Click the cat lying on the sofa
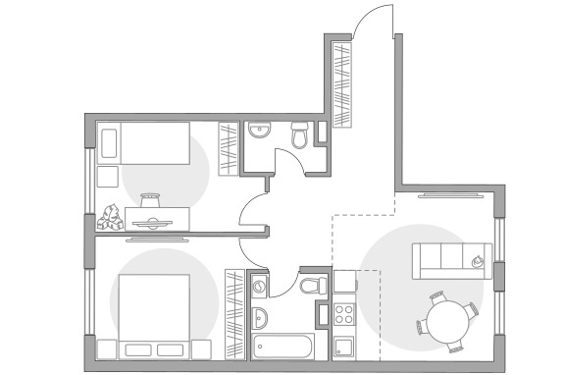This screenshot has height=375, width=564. coord(478,261)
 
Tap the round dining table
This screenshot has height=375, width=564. coord(446,320)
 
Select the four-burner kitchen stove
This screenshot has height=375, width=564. coord(346,315)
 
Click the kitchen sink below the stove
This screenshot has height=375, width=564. coord(344,348)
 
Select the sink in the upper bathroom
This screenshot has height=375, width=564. coord(260,133)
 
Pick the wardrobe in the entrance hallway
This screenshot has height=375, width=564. coord(342,84)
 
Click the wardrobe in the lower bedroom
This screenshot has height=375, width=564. coord(233,314)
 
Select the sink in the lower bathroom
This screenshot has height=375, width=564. coord(260,318)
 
